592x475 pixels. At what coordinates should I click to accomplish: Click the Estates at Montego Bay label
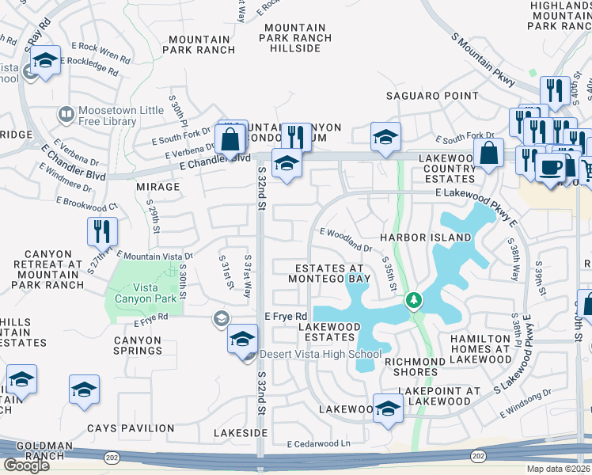[328, 274]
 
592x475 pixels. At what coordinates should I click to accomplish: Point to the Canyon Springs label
[137, 346]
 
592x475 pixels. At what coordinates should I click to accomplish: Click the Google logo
[26, 465]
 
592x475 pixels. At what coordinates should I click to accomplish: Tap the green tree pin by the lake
[412, 301]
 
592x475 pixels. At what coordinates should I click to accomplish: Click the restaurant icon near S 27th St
[103, 231]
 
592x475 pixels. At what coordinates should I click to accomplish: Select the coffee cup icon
[550, 168]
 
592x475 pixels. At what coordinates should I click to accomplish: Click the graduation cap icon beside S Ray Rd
[46, 62]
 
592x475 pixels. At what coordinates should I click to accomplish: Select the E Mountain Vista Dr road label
[154, 256]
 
